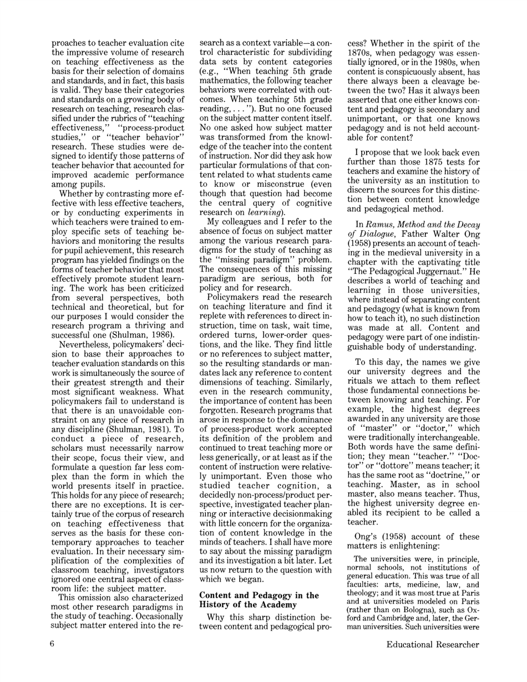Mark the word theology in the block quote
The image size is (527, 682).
(368, 598)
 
